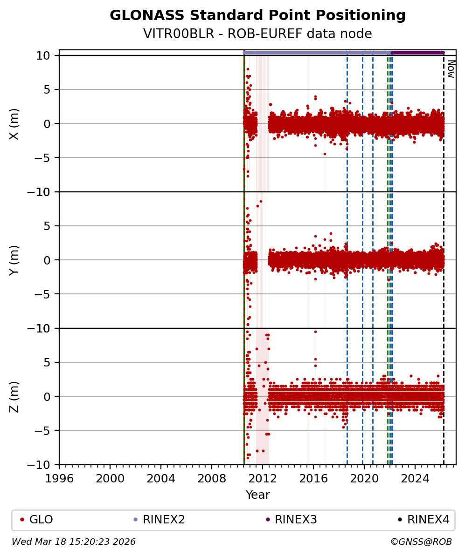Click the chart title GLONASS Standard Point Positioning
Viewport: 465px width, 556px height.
click(x=257, y=15)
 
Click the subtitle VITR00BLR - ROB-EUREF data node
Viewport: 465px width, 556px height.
click(x=257, y=34)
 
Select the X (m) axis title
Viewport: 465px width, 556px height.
click(x=14, y=124)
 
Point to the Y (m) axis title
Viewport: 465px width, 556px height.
click(x=14, y=260)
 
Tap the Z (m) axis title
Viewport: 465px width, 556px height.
click(x=14, y=396)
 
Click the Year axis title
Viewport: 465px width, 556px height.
click(x=257, y=495)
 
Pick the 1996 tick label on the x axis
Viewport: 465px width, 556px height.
click(x=59, y=478)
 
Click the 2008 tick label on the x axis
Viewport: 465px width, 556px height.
click(x=212, y=478)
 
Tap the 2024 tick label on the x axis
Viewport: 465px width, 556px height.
click(x=415, y=478)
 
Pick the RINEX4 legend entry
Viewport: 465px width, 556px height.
click(x=428, y=520)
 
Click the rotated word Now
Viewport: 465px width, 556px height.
click(x=451, y=68)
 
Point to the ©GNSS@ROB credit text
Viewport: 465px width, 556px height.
click(x=421, y=542)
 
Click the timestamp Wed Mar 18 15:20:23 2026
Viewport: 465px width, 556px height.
click(x=74, y=542)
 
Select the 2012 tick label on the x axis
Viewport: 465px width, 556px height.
click(x=263, y=478)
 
